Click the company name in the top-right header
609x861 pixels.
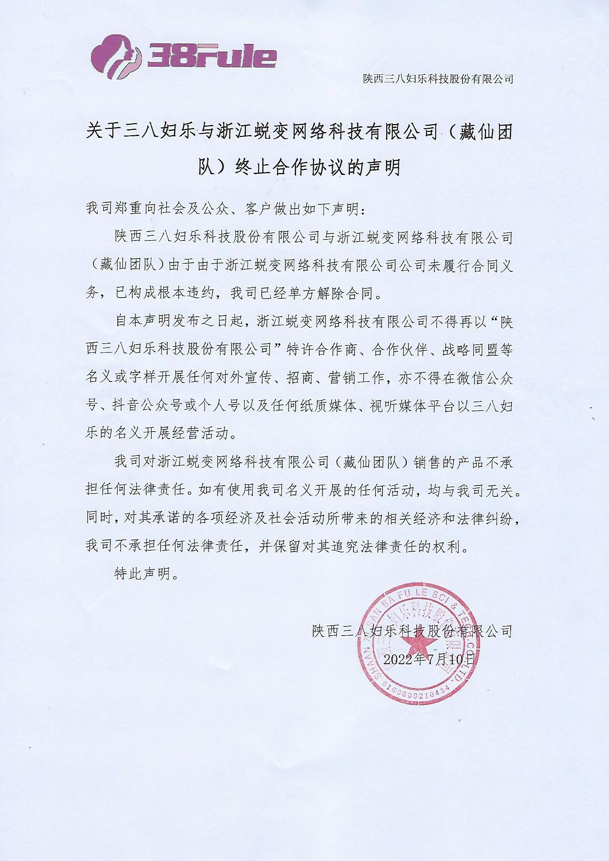437,79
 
